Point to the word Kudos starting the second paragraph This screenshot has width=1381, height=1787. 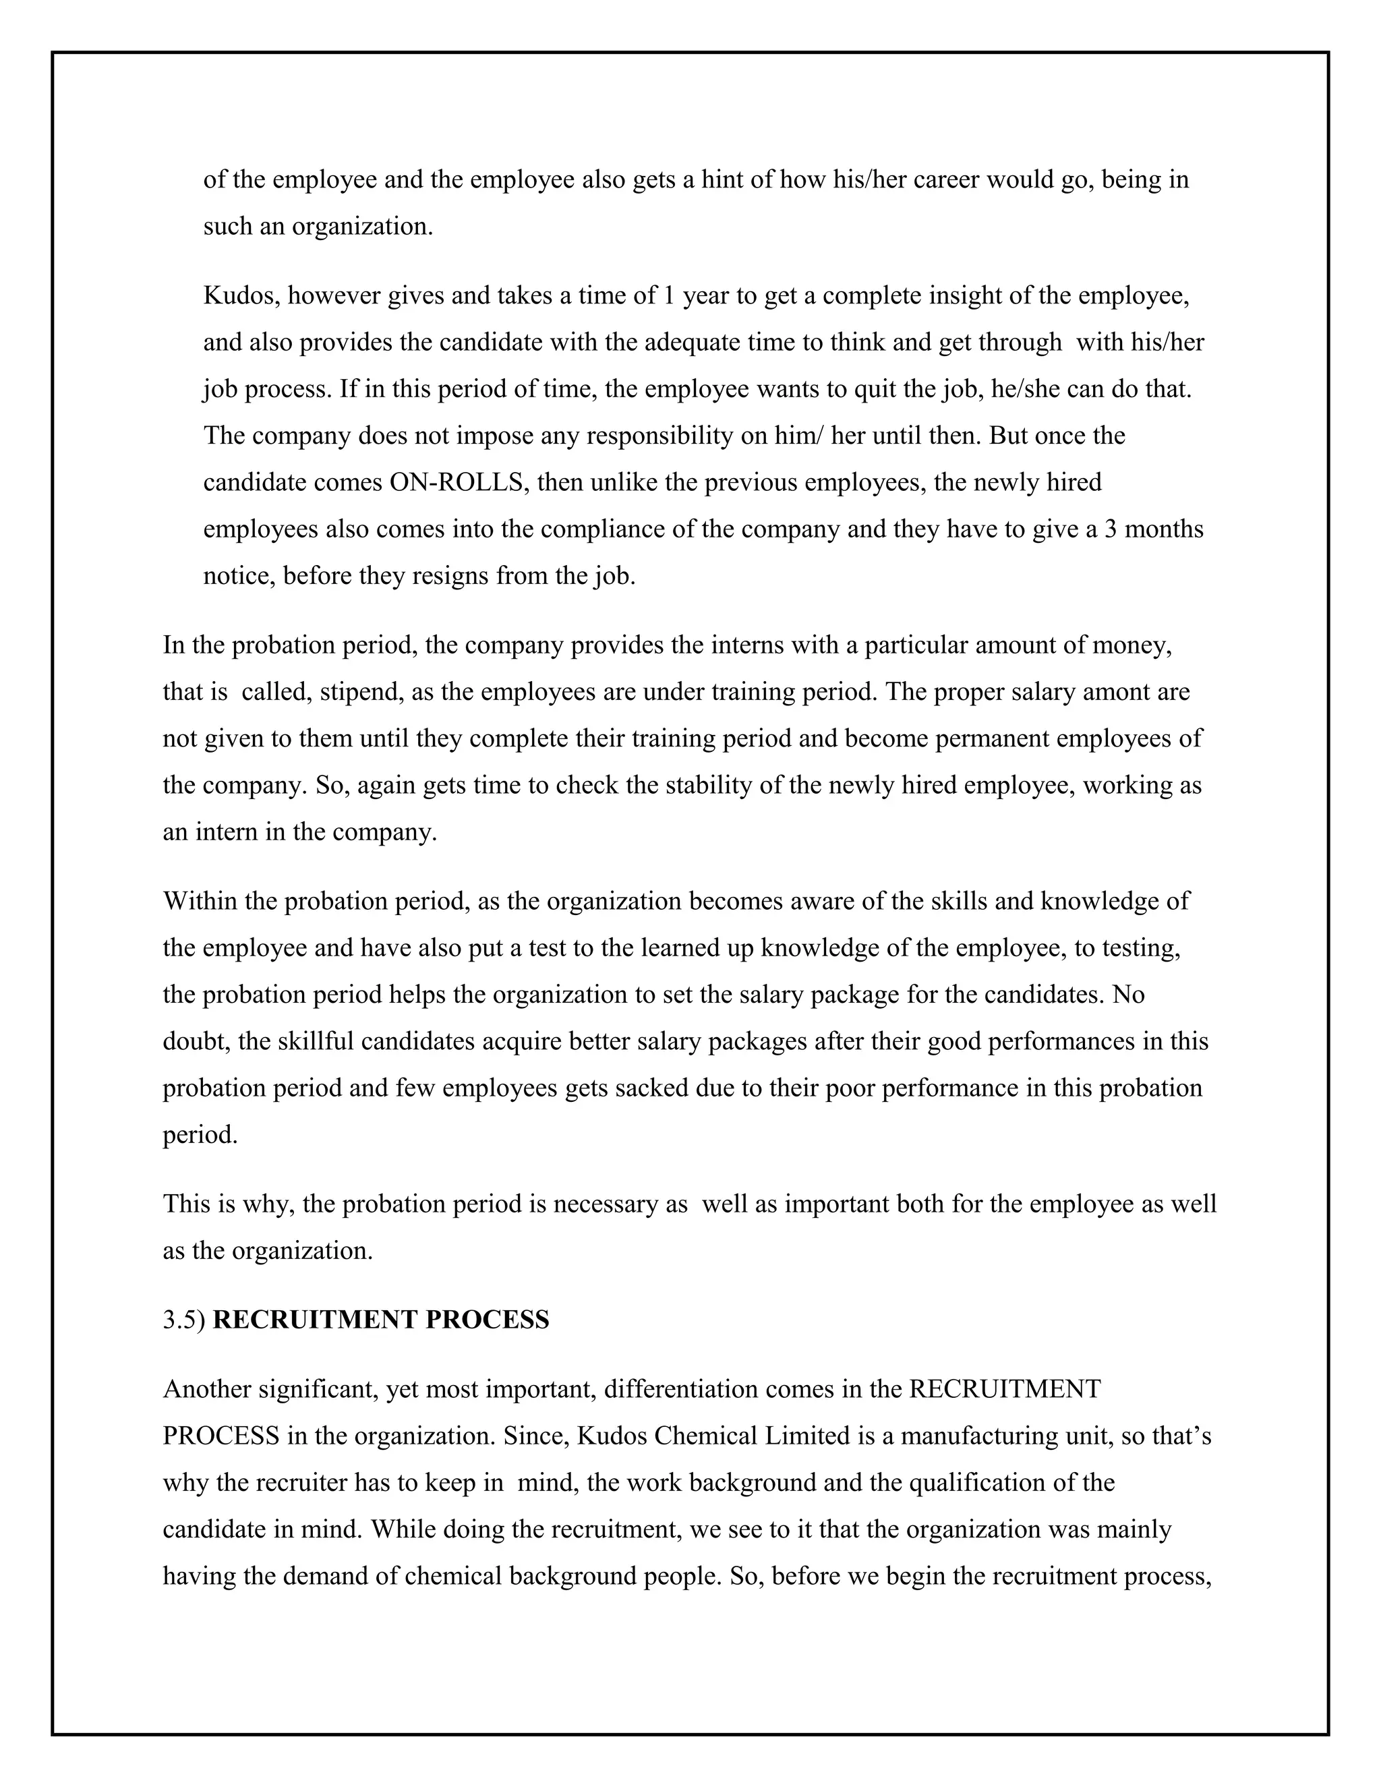click(238, 295)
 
